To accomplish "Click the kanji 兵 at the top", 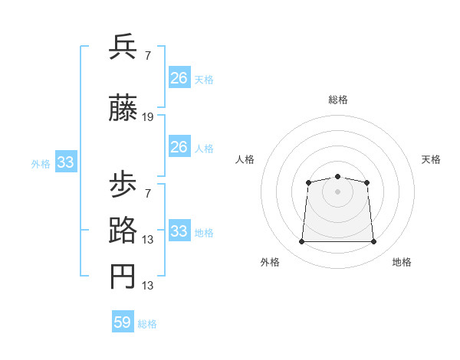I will (x=123, y=47).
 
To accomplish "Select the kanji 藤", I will (x=123, y=109).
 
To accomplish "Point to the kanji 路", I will (x=123, y=231).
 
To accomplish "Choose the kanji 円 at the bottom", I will (x=123, y=277).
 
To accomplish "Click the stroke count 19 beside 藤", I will (x=148, y=117).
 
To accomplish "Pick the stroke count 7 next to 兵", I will (x=147, y=56).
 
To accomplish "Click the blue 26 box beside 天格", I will (x=179, y=78).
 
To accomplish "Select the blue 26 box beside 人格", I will (x=179, y=147).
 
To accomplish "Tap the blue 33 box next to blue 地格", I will (x=179, y=231).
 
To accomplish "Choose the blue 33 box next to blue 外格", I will (x=65, y=162).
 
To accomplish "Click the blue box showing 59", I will (x=122, y=322).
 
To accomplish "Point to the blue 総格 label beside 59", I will (x=147, y=324).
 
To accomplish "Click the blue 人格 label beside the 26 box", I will (x=204, y=148).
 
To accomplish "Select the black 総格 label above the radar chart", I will (x=337, y=100).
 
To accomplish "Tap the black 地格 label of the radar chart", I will (x=402, y=262).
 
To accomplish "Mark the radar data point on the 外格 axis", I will (x=301, y=242).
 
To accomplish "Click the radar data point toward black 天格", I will (x=367, y=182).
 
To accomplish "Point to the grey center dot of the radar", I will (x=337, y=191).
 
